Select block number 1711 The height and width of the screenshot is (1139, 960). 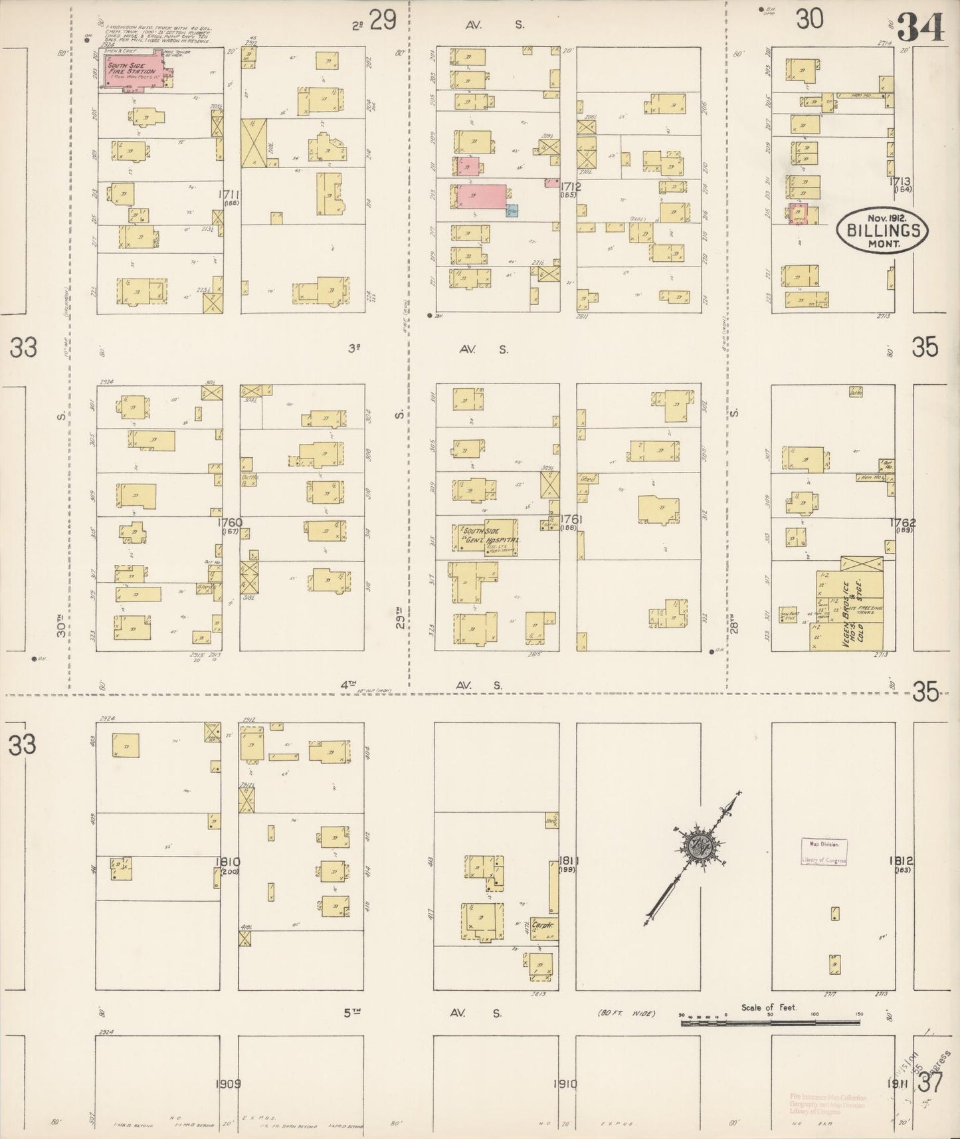[x=231, y=195]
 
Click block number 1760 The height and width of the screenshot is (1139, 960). [x=231, y=523]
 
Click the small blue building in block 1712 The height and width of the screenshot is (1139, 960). [x=512, y=211]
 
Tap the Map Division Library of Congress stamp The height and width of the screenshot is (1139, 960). [x=824, y=851]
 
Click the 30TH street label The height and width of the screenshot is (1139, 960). [x=62, y=625]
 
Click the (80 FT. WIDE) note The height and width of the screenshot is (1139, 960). [x=625, y=1013]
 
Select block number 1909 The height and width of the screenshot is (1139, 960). [x=228, y=1084]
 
